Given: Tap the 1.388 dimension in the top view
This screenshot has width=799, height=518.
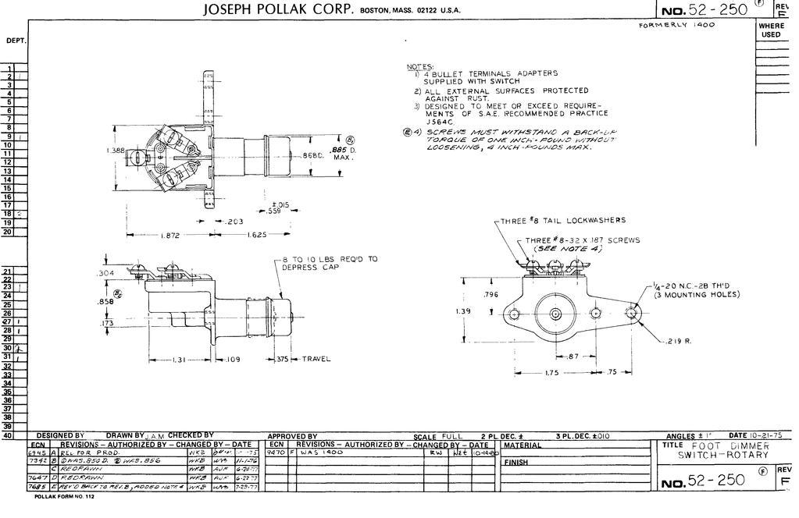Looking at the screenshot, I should (115, 149).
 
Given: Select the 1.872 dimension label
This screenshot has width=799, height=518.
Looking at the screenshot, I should (171, 235).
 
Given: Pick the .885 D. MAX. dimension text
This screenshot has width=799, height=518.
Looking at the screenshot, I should (342, 153).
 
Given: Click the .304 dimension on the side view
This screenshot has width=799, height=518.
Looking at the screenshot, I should (105, 274).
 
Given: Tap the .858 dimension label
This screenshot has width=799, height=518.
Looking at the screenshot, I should (105, 301).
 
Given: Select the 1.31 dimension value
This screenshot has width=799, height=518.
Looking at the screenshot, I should (180, 360).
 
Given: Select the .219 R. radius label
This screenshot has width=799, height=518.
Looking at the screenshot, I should (677, 341).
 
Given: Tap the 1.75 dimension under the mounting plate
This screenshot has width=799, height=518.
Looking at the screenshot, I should (551, 373).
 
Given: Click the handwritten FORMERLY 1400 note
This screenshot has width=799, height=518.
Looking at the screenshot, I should (676, 25).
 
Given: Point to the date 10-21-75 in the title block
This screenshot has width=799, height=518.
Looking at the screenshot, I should (768, 435).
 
